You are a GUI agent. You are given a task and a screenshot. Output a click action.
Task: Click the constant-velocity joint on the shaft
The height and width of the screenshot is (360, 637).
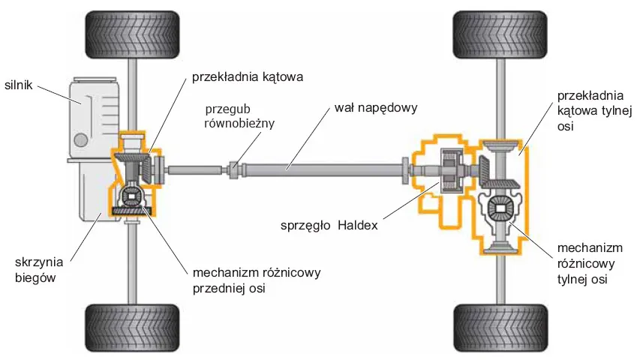click(x=234, y=169)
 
